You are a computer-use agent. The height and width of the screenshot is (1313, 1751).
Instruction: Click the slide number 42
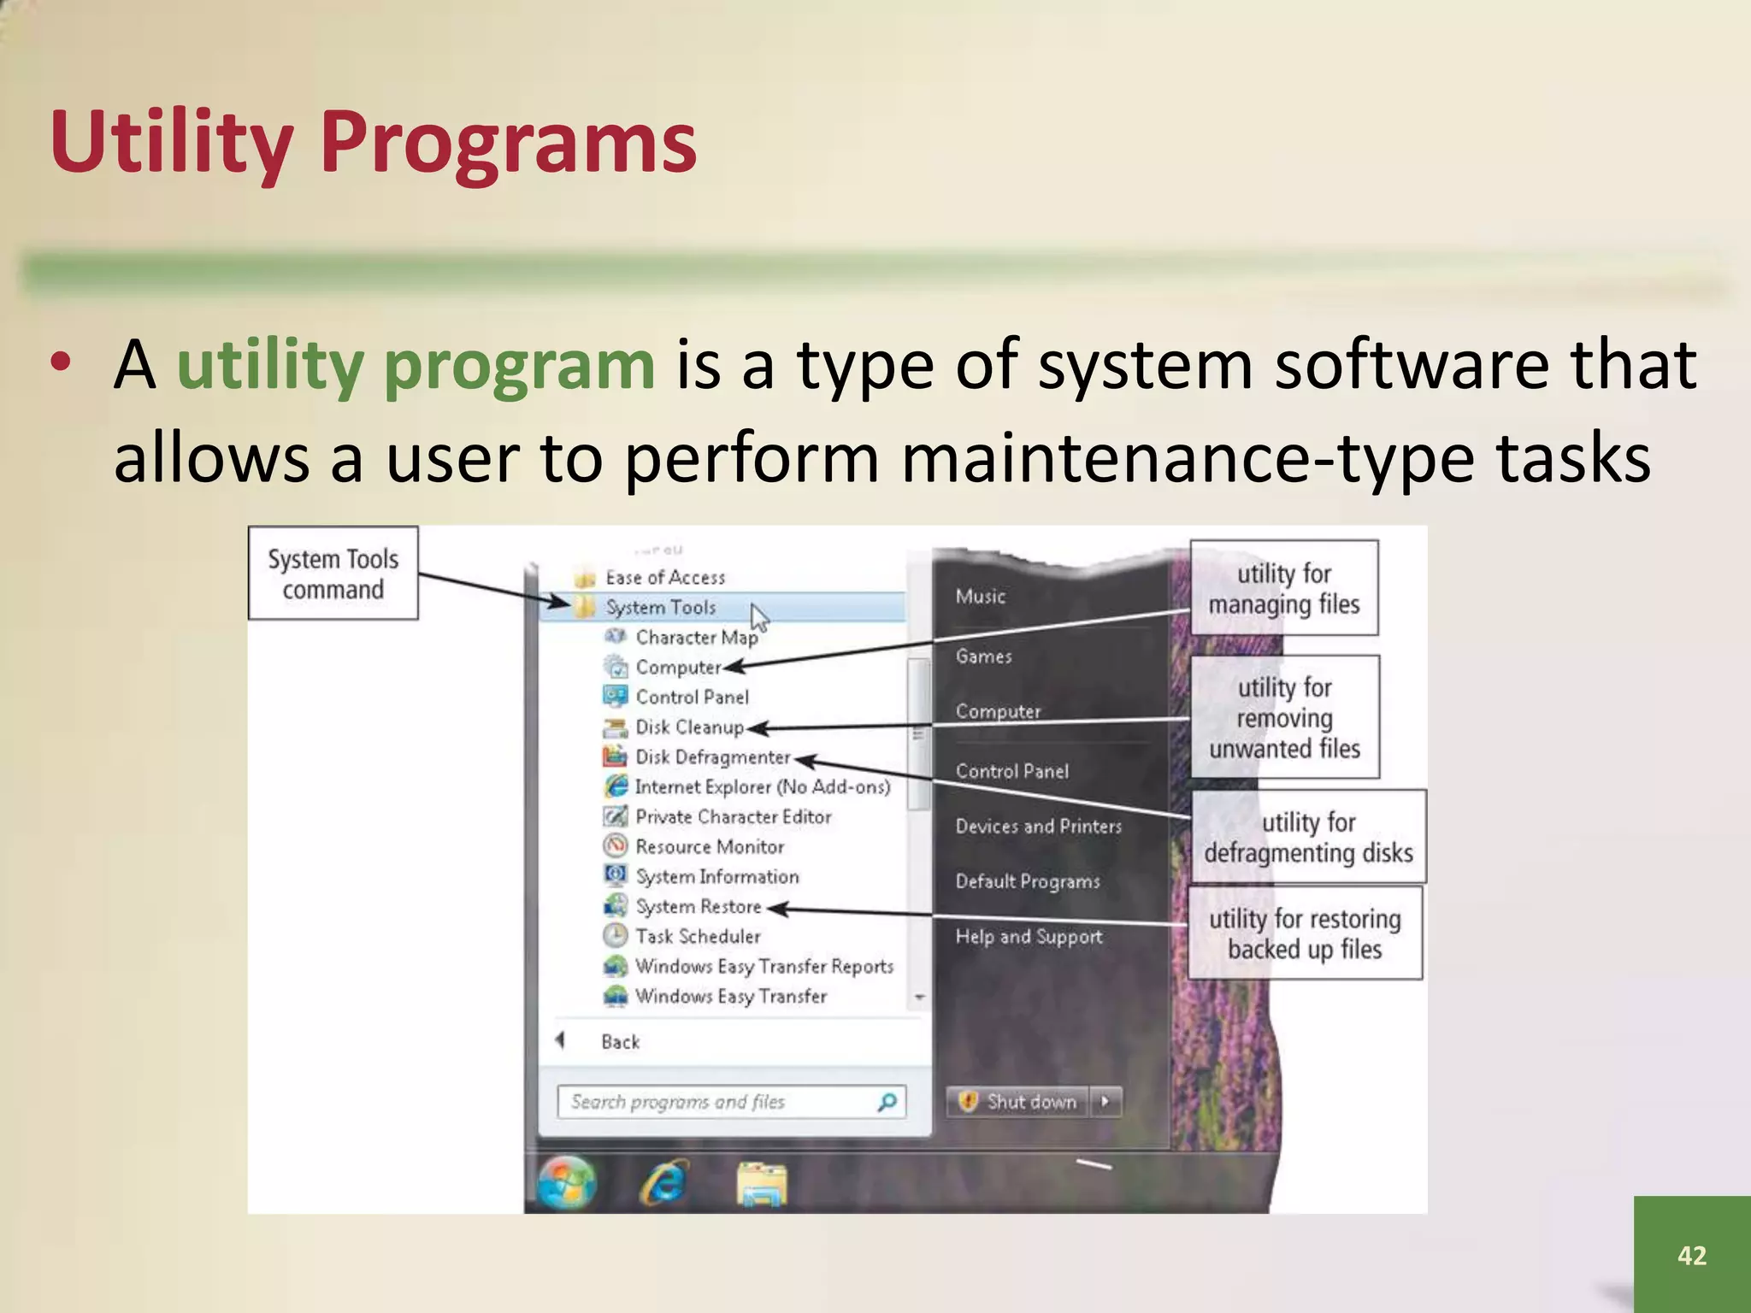(x=1691, y=1255)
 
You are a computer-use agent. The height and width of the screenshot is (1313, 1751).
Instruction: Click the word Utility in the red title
(x=171, y=142)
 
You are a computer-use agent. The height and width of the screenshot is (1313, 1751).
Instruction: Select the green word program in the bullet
(x=519, y=365)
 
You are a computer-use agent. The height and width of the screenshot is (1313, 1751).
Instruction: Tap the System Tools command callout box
(x=333, y=574)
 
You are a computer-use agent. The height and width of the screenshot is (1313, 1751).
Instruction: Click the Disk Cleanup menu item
(x=689, y=727)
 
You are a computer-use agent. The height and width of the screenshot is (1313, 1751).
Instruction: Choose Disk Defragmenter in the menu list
(x=712, y=757)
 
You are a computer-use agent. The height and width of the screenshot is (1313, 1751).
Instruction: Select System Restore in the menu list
(x=698, y=907)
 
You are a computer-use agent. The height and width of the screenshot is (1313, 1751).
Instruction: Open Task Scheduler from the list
(x=698, y=937)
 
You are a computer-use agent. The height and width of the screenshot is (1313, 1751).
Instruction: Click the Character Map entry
(x=696, y=638)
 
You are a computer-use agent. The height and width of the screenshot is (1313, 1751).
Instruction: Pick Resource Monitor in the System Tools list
(x=710, y=847)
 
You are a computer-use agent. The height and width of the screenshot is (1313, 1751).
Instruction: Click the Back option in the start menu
(x=620, y=1042)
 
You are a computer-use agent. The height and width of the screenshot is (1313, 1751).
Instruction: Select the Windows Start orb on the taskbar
(x=567, y=1184)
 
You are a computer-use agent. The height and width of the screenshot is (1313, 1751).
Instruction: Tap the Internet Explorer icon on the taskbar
(x=664, y=1184)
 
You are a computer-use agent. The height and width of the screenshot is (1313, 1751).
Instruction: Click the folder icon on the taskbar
(x=761, y=1186)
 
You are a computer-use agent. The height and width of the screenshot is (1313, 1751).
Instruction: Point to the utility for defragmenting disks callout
(x=1308, y=837)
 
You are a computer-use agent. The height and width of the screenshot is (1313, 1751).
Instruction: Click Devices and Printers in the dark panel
(x=1038, y=827)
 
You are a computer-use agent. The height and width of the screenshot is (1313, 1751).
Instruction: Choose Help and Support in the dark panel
(x=1029, y=937)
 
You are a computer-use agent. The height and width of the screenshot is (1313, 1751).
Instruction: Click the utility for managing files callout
(x=1283, y=588)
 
